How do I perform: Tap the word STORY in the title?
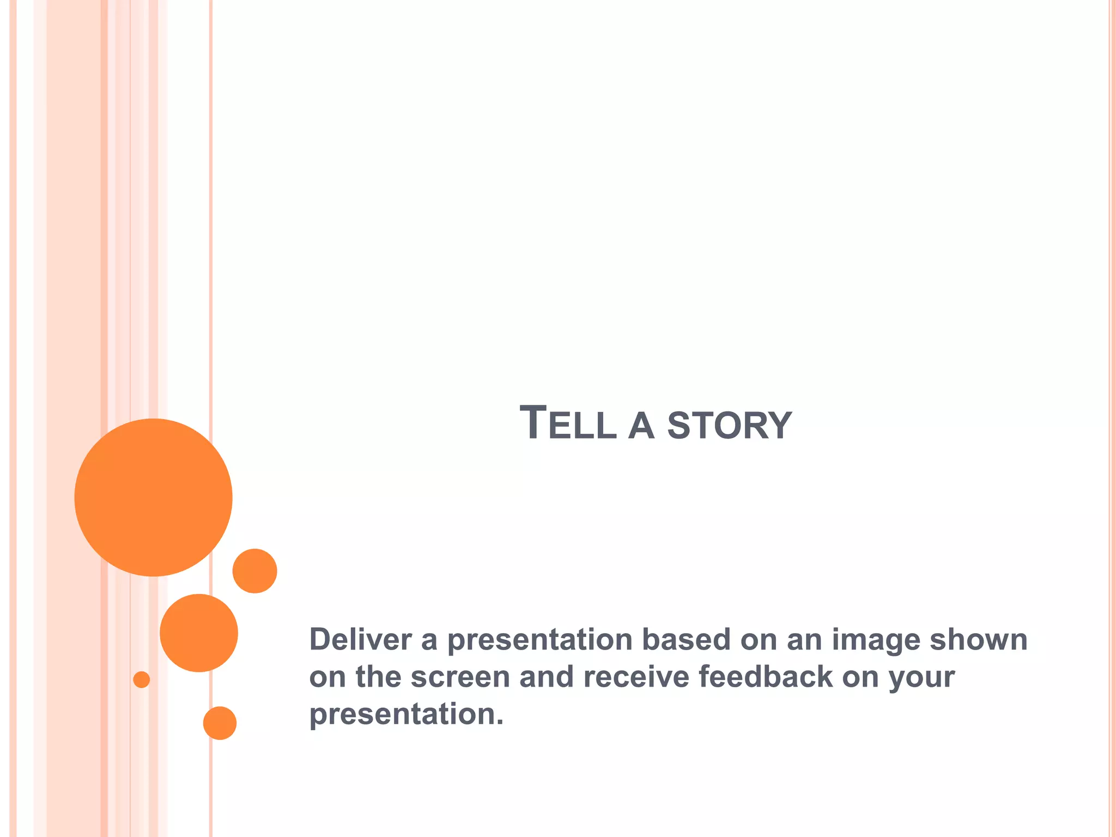[729, 426]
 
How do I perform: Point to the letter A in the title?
[641, 426]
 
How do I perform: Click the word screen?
[460, 677]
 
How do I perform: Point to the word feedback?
[765, 677]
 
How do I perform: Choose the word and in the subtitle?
[546, 677]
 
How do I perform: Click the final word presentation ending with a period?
[406, 715]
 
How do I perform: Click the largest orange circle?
[154, 497]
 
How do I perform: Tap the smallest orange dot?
[142, 680]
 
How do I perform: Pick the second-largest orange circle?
[199, 633]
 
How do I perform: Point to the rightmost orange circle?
[254, 571]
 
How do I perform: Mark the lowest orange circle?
[220, 723]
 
